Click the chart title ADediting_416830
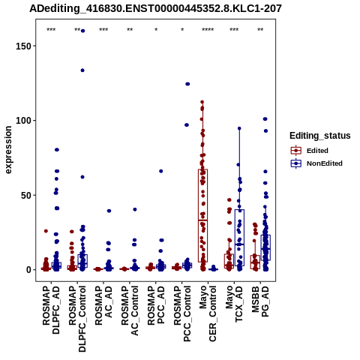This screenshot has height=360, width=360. pyautogui.click(x=155, y=9)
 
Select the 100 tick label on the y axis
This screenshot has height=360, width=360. pyautogui.click(x=24, y=121)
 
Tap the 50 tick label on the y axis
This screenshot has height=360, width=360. pyautogui.click(x=26, y=195)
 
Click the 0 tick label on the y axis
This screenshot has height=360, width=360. pyautogui.click(x=29, y=270)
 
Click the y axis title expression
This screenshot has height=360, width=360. pyautogui.click(x=8, y=150)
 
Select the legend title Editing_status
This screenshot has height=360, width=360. pyautogui.click(x=320, y=136)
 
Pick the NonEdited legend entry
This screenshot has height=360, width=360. pyautogui.click(x=316, y=163)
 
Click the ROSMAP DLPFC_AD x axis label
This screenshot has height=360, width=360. pyautogui.click(x=51, y=310)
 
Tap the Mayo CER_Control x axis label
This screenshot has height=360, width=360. pyautogui.click(x=208, y=313)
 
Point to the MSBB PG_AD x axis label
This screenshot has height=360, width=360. pyautogui.click(x=260, y=301)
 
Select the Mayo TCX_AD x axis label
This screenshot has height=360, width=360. pyautogui.click(x=234, y=304)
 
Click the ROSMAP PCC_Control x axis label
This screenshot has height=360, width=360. pyautogui.click(x=182, y=313)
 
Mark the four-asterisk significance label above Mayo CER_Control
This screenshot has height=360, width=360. pyautogui.click(x=208, y=30)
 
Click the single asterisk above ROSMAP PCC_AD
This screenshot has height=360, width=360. pyautogui.click(x=156, y=30)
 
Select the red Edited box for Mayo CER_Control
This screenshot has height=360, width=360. pyautogui.click(x=202, y=215)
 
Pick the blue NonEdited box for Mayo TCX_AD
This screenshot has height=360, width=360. pyautogui.click(x=239, y=238)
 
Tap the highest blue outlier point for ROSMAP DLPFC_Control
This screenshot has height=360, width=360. pyautogui.click(x=82, y=31)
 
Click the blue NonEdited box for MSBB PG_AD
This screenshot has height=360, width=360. pyautogui.click(x=265, y=247)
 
